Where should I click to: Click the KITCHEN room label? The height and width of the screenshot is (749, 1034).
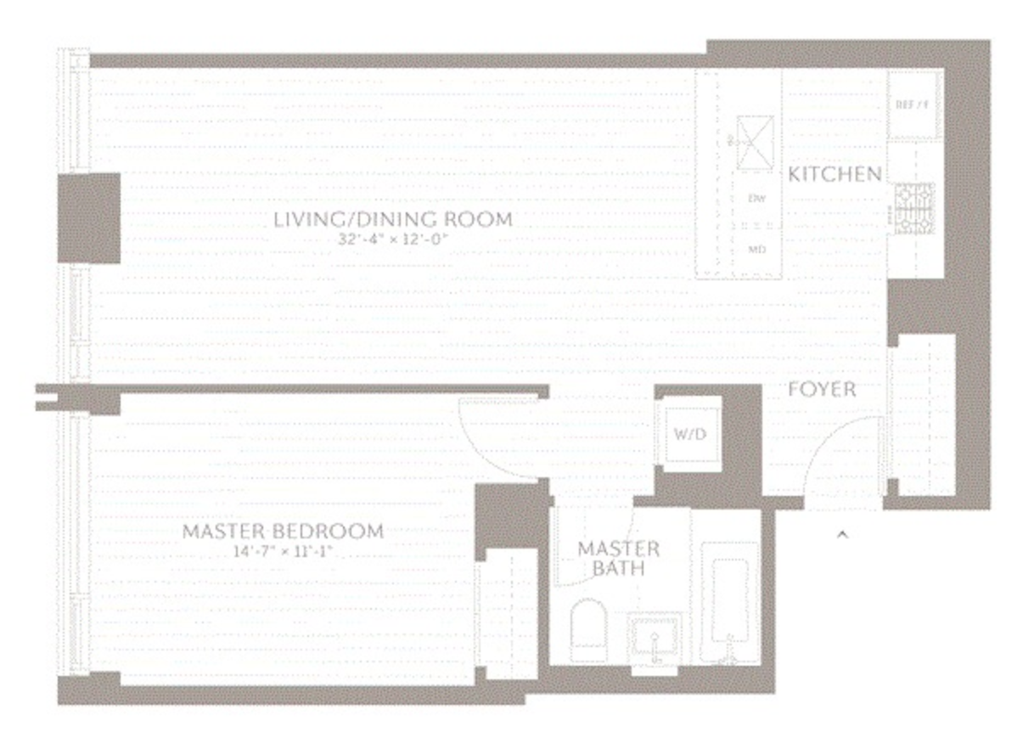point(835,174)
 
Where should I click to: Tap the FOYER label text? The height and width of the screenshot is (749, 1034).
point(821,390)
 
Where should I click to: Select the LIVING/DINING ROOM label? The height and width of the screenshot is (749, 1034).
point(392,219)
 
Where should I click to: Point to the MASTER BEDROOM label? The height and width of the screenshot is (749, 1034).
point(283,532)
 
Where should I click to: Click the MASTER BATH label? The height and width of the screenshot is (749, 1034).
point(619,558)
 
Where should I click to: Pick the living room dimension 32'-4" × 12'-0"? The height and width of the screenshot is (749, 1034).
point(392,239)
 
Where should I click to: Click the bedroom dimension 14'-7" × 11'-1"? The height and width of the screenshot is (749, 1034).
point(283,552)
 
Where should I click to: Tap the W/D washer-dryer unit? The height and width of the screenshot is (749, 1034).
point(690,435)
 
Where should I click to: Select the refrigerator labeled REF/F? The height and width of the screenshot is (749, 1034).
point(913,105)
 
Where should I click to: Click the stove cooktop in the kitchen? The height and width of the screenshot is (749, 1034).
point(913,207)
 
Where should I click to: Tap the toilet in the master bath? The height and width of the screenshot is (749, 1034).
point(588,629)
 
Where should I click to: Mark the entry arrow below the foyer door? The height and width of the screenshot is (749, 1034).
point(842,534)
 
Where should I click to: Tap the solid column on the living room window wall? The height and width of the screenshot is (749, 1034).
point(88,218)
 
